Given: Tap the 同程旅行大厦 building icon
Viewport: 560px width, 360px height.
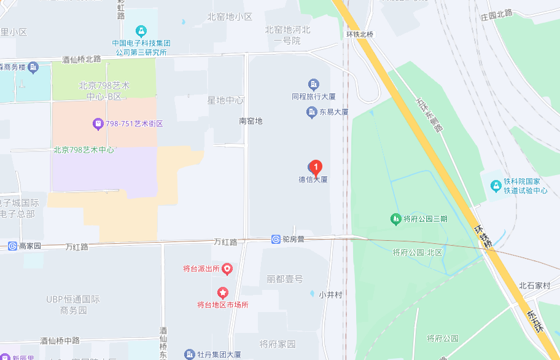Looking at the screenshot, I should click(x=313, y=84).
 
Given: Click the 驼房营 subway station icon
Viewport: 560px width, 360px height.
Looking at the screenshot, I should click(x=276, y=239).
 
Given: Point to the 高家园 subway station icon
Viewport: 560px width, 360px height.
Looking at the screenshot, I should click(x=12, y=246).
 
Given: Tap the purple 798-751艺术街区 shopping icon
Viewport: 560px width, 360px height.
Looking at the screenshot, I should click(x=97, y=123).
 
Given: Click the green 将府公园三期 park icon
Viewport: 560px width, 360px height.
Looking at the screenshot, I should click(x=396, y=219).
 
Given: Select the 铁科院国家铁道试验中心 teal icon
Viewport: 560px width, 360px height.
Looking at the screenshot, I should click(x=496, y=186).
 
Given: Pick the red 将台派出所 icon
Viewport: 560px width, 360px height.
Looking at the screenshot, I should click(x=227, y=268).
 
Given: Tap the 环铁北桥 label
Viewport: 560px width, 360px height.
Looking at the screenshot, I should click(x=360, y=34).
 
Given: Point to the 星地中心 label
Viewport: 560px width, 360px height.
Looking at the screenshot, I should click(x=225, y=100).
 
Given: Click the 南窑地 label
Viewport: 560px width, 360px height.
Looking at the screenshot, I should click(x=251, y=121).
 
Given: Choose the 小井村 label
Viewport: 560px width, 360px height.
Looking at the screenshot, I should click(x=330, y=294).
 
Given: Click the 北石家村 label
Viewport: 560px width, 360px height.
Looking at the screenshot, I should click(x=534, y=285).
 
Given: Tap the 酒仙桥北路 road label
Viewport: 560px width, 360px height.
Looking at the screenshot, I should click(x=81, y=60).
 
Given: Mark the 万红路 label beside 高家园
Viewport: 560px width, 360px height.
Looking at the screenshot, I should click(x=77, y=246).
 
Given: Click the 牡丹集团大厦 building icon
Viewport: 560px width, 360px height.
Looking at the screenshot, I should click(x=189, y=354).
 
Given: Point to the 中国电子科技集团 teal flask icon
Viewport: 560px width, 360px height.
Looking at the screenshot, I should click(x=141, y=30).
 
